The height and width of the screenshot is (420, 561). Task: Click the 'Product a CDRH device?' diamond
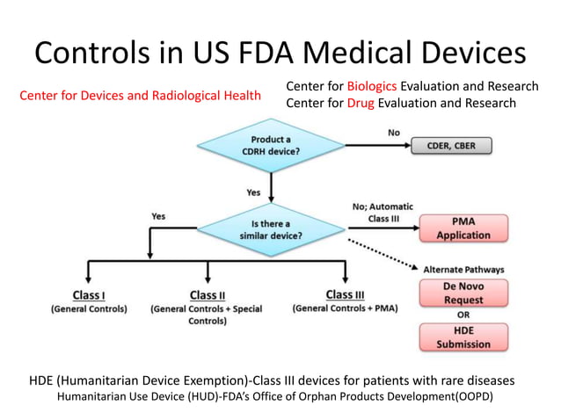pyautogui.click(x=273, y=146)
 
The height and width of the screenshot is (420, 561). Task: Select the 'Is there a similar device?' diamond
pyautogui.click(x=272, y=228)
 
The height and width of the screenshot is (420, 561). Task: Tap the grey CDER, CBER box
pyautogui.click(x=451, y=146)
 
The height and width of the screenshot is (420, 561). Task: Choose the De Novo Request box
pyautogui.click(x=463, y=293)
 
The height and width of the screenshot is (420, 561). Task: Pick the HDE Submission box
pyautogui.click(x=463, y=337)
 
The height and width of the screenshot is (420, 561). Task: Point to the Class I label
pyautogui.click(x=88, y=294)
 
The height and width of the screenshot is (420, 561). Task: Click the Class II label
pyautogui.click(x=208, y=294)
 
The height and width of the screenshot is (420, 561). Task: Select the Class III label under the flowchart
pyautogui.click(x=345, y=294)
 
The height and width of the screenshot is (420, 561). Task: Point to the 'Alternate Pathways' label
pyautogui.click(x=464, y=270)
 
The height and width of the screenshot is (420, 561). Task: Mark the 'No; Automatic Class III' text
pyautogui.click(x=382, y=212)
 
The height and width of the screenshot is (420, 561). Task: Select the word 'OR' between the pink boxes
pyautogui.click(x=463, y=315)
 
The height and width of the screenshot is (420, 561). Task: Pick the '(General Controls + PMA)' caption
pyautogui.click(x=344, y=309)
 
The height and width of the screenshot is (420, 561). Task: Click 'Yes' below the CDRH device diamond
pyautogui.click(x=252, y=191)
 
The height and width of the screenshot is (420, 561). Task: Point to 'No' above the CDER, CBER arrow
pyautogui.click(x=394, y=133)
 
